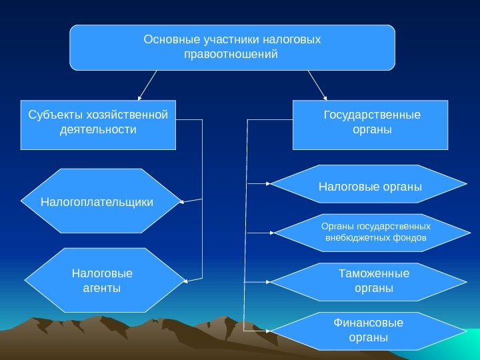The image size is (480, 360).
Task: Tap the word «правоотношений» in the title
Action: (230, 53)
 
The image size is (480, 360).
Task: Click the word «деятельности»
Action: (97, 129)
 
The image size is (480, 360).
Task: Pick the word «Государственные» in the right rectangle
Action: (372, 115)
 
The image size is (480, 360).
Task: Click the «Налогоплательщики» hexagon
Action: (101, 201)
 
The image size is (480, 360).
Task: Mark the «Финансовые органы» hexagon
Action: (368, 331)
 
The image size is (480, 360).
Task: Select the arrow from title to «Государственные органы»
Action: (317, 85)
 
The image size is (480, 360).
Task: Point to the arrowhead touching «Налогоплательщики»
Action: (183, 201)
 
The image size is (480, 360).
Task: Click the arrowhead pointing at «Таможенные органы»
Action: (268, 282)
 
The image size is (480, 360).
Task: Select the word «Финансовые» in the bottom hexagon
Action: (368, 324)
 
